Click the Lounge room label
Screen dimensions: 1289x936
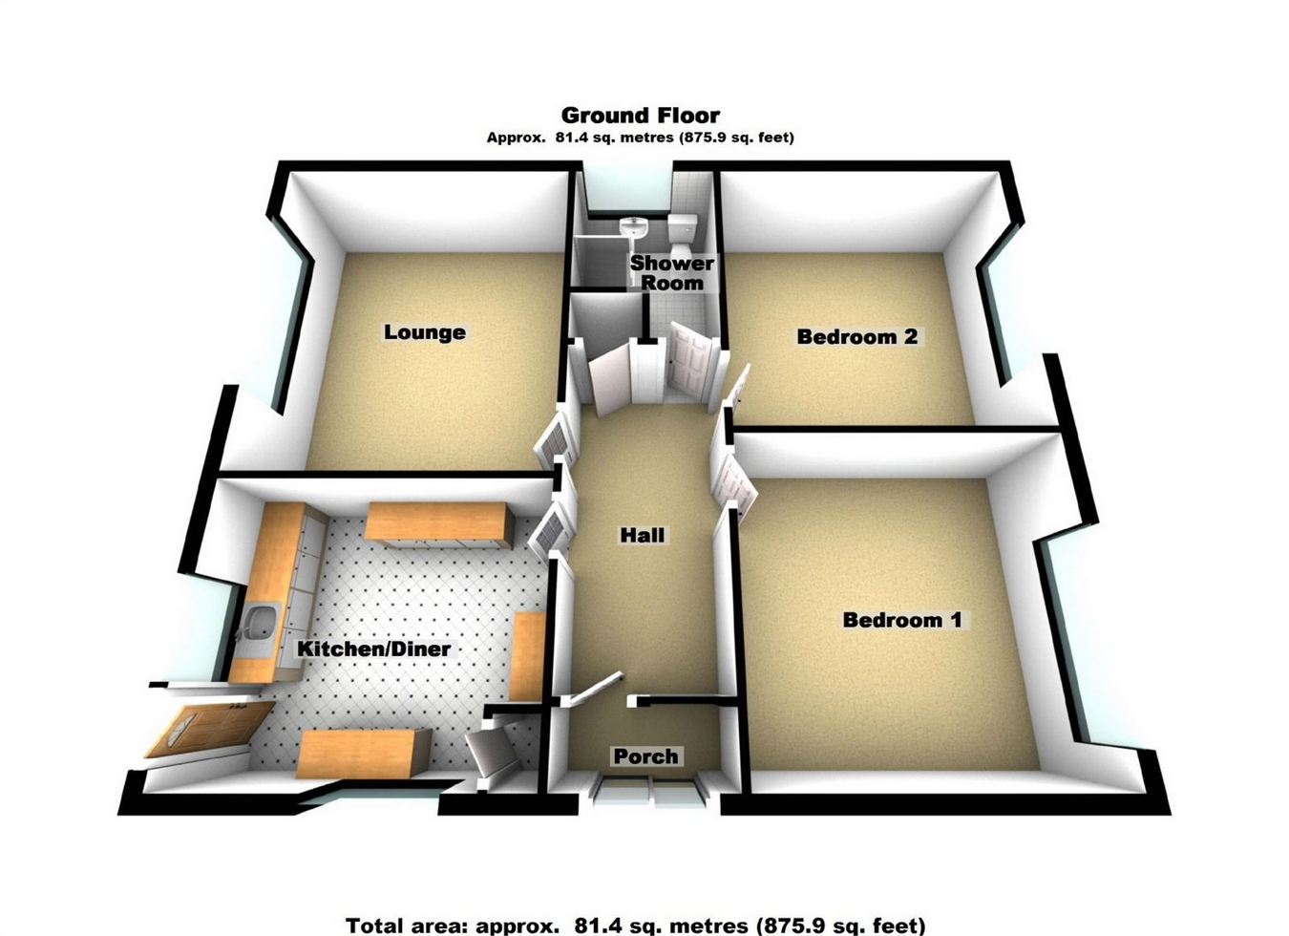tap(425, 332)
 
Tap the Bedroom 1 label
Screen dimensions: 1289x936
tap(901, 620)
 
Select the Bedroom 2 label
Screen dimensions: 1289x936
tap(856, 336)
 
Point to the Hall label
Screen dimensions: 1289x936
tap(642, 535)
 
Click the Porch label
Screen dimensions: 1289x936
tap(645, 756)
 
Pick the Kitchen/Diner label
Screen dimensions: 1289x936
tap(373, 649)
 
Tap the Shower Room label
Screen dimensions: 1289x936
tap(671, 273)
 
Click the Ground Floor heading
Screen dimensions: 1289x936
tap(640, 116)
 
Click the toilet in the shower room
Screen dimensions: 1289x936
tap(683, 230)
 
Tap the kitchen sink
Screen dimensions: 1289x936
tap(256, 626)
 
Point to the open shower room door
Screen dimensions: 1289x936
tap(688, 357)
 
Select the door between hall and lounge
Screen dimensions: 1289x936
tap(553, 444)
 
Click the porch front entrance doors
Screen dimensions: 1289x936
tap(646, 793)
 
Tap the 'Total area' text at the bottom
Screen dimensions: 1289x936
tap(635, 925)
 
